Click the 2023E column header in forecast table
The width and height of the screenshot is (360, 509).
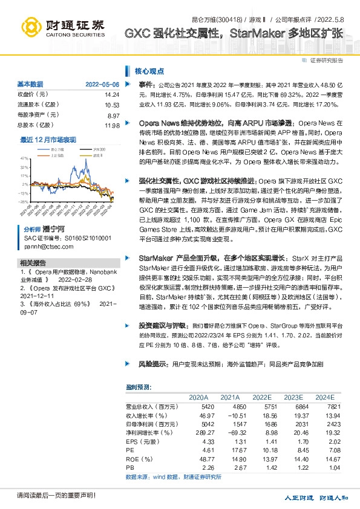tap(293, 397)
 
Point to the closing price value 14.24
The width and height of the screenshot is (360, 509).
tap(112, 95)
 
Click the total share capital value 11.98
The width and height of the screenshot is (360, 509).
tap(112, 125)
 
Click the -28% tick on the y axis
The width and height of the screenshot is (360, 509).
tap(23, 201)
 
